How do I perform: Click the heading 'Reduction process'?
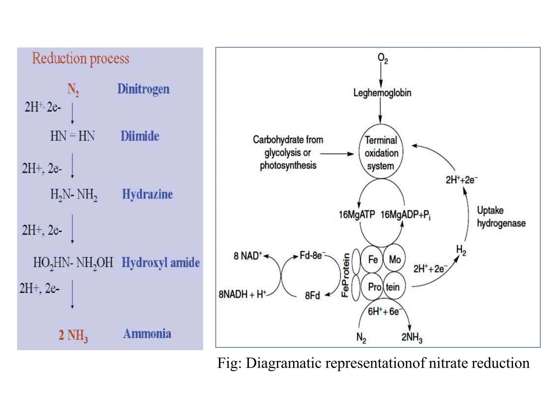[x=80, y=59]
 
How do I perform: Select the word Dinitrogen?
[x=143, y=89]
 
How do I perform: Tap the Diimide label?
[x=140, y=136]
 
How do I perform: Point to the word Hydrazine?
[x=147, y=194]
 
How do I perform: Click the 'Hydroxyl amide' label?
[x=161, y=262]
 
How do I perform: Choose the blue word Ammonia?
[x=147, y=334]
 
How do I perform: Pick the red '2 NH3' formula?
[x=73, y=335]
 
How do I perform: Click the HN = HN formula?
[x=72, y=136]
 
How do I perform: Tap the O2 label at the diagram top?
[x=382, y=58]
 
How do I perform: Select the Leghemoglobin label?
[x=382, y=93]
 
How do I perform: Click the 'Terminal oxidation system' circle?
[x=381, y=153]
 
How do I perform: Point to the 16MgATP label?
[x=357, y=215]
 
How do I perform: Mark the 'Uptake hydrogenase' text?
[x=501, y=217]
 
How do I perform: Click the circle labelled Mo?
[x=394, y=260]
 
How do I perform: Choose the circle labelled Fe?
[x=373, y=260]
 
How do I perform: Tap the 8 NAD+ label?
[x=248, y=256]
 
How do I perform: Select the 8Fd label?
[x=312, y=296]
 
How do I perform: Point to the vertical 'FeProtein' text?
[x=345, y=275]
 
